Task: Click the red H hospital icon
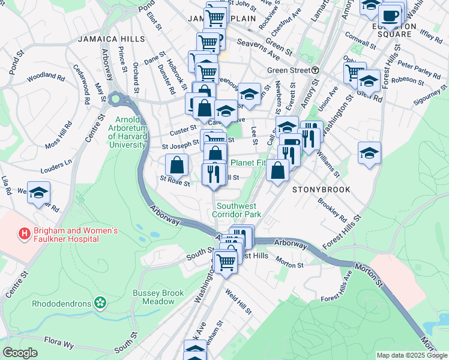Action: point(25,233)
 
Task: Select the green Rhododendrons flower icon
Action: point(100,304)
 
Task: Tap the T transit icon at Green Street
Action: point(315,70)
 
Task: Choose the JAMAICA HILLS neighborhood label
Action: point(111,38)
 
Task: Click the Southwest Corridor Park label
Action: point(237,209)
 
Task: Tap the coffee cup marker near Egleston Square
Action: point(390,16)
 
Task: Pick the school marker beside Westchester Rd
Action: point(38,193)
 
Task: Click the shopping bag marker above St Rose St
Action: point(177,164)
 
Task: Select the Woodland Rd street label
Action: point(46,77)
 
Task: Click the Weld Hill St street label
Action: point(238,302)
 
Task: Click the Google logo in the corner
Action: point(20,353)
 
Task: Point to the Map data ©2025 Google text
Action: point(411,355)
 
